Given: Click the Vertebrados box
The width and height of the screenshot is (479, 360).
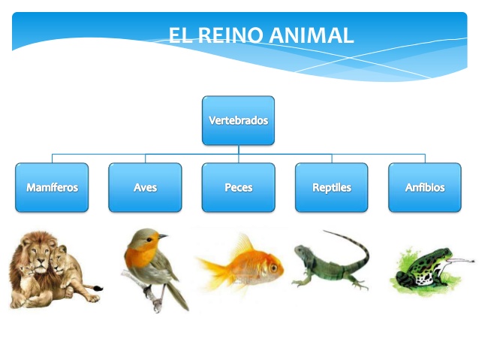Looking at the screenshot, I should [x=238, y=120].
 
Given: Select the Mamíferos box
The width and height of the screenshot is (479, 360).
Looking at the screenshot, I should [x=52, y=187].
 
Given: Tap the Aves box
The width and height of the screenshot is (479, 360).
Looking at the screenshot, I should [x=145, y=187].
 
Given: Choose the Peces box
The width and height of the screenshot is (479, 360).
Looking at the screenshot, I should [x=238, y=187].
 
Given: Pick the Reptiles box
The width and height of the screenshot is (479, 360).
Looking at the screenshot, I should [x=331, y=187].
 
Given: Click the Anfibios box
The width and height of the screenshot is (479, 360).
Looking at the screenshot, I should [x=424, y=187].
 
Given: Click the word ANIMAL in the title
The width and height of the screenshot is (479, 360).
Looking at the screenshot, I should [x=310, y=35].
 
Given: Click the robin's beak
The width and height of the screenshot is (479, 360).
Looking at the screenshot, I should [x=162, y=237].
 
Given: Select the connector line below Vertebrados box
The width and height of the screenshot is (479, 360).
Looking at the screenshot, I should [x=238, y=150].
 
